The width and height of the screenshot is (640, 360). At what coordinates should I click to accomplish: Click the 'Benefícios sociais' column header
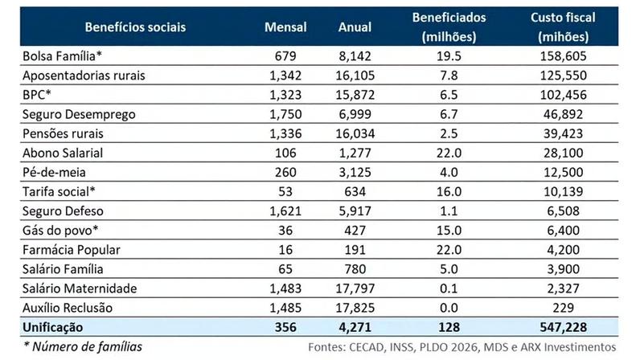pyautogui.click(x=135, y=27)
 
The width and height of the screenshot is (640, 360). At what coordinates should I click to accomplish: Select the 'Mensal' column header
pyautogui.click(x=285, y=27)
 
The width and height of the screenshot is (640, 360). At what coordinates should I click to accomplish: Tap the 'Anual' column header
pyautogui.click(x=355, y=27)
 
